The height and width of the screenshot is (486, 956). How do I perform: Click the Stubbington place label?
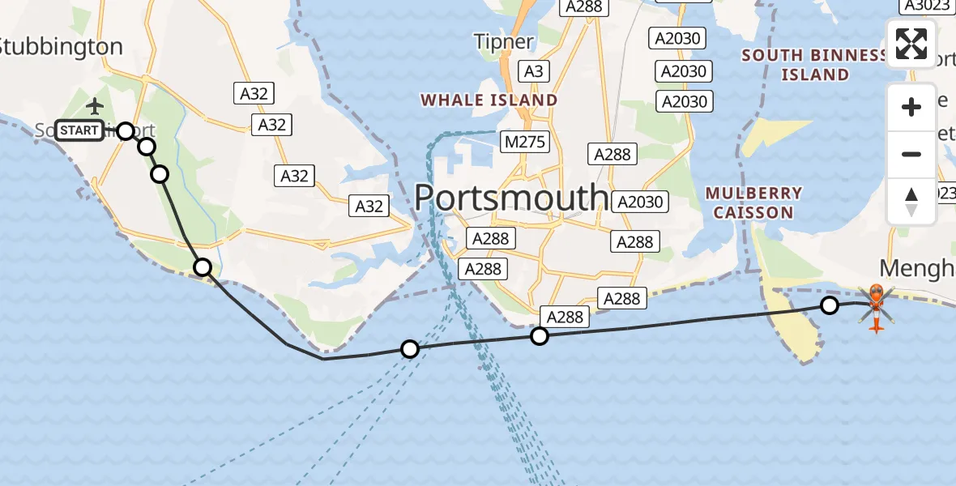point(61,47)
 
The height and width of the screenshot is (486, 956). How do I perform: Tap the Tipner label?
point(504,41)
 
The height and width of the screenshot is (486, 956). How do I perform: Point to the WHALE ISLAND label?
point(489,100)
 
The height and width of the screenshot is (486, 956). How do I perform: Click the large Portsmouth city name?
point(511,197)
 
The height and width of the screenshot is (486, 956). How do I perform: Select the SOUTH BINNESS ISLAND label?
point(814,65)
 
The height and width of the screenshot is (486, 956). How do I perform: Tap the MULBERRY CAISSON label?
point(753,203)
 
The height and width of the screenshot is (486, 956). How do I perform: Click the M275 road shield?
point(525,143)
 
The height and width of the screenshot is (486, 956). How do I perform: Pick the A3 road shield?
point(532,71)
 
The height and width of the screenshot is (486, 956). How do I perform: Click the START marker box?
point(79,130)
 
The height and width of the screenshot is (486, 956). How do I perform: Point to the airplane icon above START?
point(95,106)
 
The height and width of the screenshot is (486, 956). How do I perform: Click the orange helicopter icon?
point(876,307)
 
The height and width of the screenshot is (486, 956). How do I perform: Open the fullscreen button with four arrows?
point(911,44)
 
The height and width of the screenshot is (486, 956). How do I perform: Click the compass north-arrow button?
point(911,202)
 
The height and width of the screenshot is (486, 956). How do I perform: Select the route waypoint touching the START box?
point(126,130)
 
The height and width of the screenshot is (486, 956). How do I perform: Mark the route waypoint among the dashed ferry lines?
point(410,349)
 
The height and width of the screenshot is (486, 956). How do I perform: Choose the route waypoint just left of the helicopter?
point(829,305)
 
